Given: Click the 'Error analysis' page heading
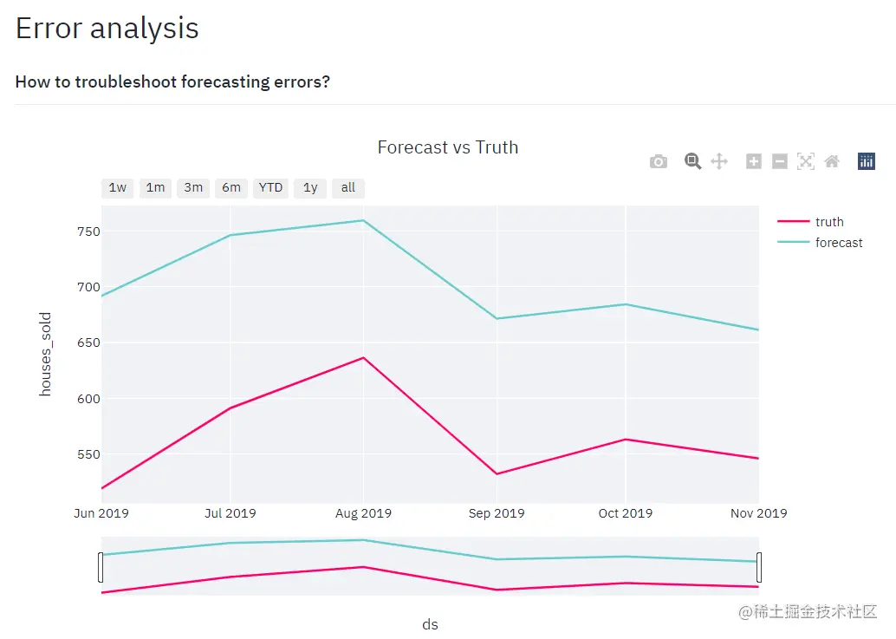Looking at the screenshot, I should (107, 29).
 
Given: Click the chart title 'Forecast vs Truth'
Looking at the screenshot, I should (448, 147).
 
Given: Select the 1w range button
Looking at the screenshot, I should (118, 188).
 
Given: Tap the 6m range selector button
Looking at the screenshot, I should (231, 188).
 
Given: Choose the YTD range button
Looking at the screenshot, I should (270, 188).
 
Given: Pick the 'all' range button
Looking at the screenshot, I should (348, 188).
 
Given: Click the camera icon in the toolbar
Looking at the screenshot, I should (659, 161).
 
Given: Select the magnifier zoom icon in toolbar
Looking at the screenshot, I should (692, 161).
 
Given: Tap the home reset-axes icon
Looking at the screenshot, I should (832, 161).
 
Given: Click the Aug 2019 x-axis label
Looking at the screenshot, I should (363, 513).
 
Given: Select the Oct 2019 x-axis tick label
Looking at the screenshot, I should (625, 513).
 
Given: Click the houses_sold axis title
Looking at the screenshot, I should (46, 354).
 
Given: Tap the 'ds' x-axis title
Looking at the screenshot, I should (430, 624).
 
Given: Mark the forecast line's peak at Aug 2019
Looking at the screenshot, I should (363, 220).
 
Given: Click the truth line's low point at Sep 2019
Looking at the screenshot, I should (497, 473).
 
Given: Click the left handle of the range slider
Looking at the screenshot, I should (101, 567).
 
